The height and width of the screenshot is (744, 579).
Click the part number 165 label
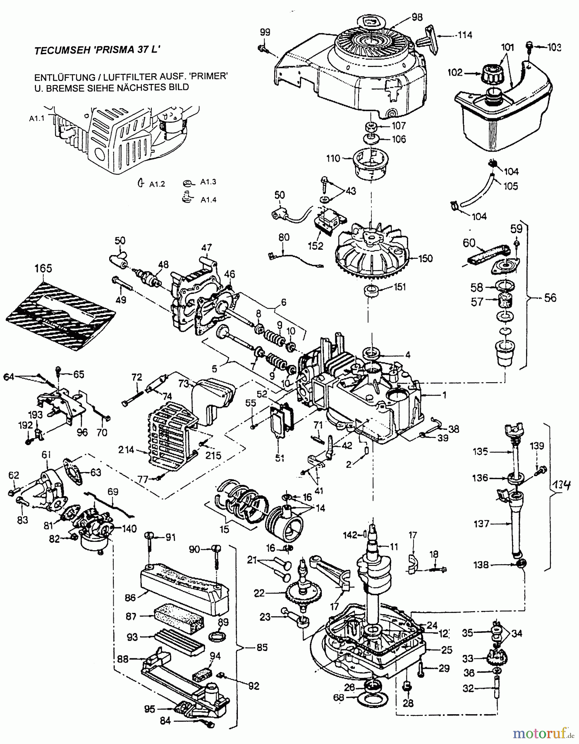tap(43, 268)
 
